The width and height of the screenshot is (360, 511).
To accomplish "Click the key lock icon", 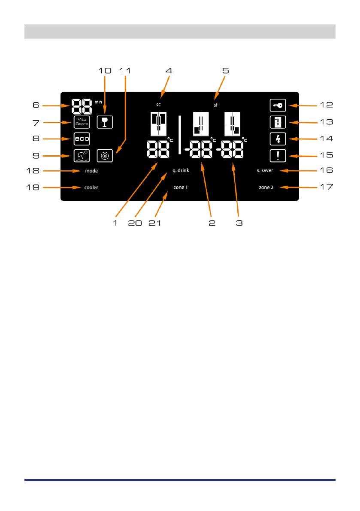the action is click(278, 105).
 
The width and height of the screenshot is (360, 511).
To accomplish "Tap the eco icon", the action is click(82, 139).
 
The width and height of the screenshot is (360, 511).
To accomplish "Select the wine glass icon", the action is click(105, 122).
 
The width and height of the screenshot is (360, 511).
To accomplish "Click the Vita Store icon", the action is click(82, 122).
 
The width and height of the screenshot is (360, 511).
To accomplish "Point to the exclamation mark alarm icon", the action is click(278, 156).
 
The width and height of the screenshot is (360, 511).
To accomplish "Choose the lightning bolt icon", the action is click(278, 139).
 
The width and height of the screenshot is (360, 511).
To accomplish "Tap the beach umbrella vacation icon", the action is click(82, 156).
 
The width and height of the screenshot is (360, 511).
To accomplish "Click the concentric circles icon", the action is click(105, 156).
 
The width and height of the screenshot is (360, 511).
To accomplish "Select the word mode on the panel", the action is click(91, 171).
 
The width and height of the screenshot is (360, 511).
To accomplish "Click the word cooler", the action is click(91, 187).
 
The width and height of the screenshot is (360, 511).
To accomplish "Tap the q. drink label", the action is click(181, 170).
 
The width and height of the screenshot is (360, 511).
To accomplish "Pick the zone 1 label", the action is click(181, 187).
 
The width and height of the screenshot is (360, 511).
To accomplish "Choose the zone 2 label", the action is click(266, 187).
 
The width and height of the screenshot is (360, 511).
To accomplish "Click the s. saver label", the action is click(265, 170).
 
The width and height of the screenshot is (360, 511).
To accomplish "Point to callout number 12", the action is click(327, 105).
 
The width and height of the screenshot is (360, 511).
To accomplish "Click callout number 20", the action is click(135, 223).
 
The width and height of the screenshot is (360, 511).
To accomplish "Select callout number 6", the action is click(36, 105).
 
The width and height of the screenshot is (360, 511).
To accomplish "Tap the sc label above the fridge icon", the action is click(158, 105).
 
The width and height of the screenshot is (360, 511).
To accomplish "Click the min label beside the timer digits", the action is click(98, 103).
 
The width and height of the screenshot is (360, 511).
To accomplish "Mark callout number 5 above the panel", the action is click(226, 71).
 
